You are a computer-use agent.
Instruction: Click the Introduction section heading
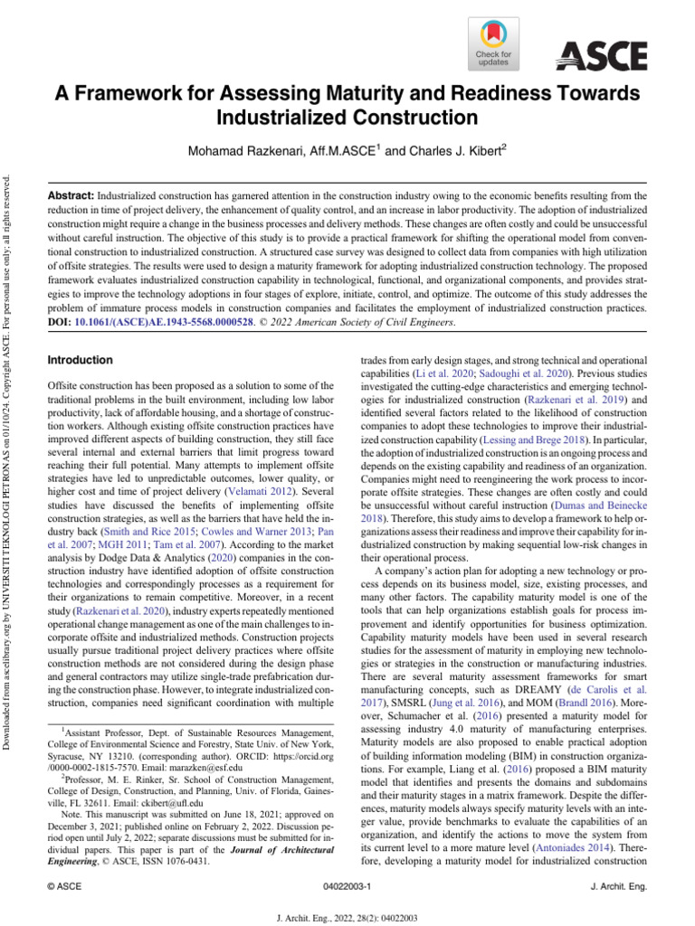pos(80,360)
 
